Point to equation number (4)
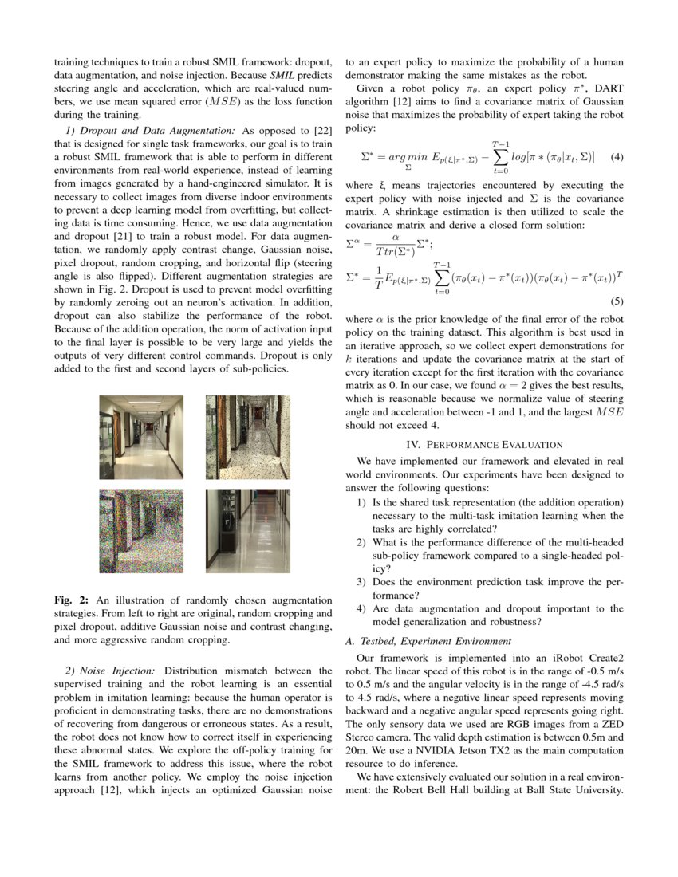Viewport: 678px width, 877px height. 616,157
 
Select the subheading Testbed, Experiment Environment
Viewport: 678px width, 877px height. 428,642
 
